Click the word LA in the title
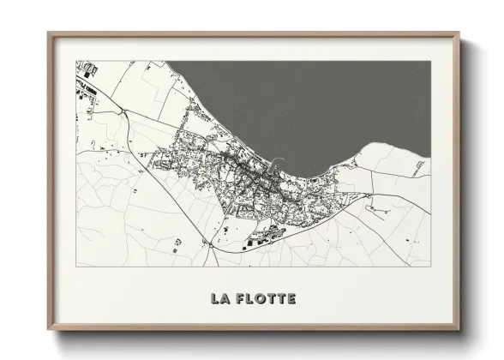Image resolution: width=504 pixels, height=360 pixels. click(219, 299)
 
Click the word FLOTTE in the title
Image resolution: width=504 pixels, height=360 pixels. click(265, 299)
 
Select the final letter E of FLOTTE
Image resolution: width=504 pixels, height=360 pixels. click(292, 299)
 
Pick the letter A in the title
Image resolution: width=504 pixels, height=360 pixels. click(223, 299)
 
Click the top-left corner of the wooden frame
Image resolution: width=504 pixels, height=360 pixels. click(48, 33)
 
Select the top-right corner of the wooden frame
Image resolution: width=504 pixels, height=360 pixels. click(460, 33)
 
